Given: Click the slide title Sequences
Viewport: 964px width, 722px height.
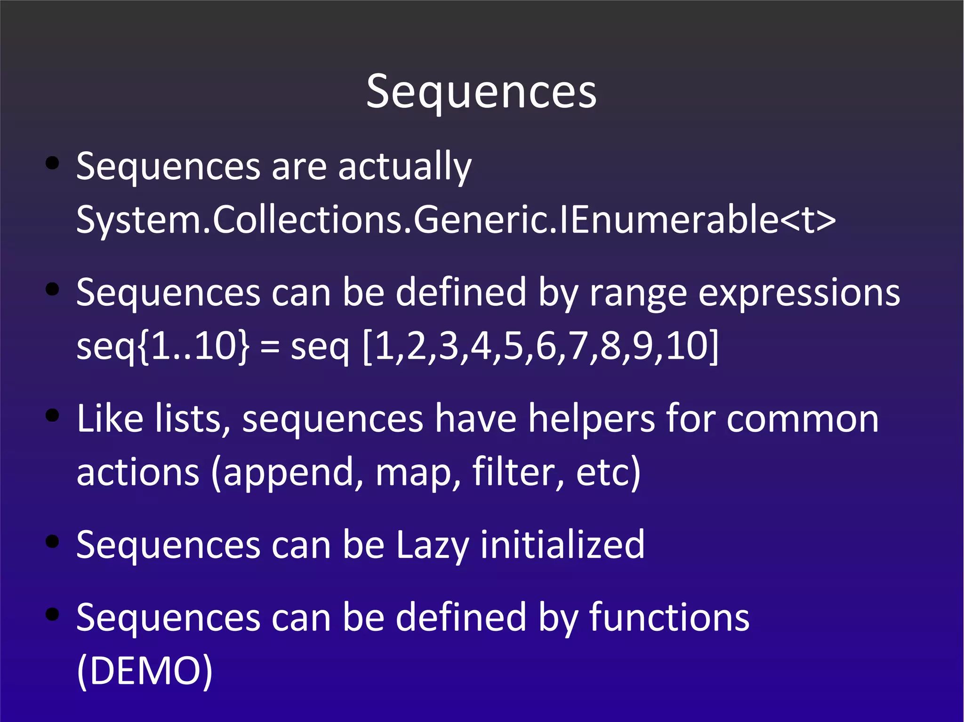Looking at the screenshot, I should (x=481, y=92).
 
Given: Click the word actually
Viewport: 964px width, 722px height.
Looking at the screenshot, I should (x=404, y=167).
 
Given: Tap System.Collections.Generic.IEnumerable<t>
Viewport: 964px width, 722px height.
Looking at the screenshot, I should (x=456, y=220).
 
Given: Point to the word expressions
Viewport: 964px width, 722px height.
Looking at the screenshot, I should (x=799, y=294).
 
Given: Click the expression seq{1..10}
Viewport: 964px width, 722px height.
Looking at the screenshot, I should (x=163, y=346).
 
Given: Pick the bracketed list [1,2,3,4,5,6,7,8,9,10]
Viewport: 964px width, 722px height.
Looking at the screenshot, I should (x=541, y=346).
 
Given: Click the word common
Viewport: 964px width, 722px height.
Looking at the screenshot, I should (x=802, y=420).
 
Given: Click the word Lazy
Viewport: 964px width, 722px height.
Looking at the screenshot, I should (x=432, y=546).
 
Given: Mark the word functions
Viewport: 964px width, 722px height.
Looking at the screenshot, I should (x=669, y=618).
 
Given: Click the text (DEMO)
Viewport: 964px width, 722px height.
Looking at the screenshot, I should (x=145, y=671).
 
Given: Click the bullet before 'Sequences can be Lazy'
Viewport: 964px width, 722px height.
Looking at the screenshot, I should (x=52, y=541).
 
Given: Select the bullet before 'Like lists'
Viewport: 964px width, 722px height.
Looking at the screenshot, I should (x=52, y=415).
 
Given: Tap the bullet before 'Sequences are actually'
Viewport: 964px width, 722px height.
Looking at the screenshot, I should (x=52, y=163).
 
